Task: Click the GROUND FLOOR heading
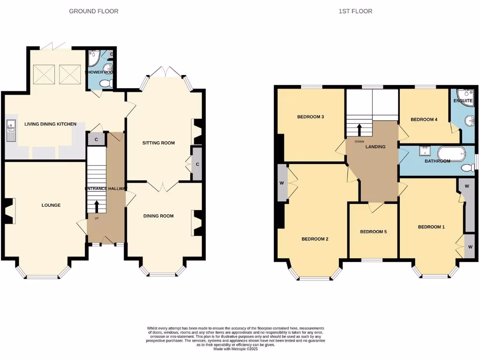(x=94, y=11)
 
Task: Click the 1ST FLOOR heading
(x=355, y=11)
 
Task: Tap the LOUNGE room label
(x=51, y=205)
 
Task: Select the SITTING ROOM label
(x=158, y=143)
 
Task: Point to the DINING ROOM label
(x=158, y=216)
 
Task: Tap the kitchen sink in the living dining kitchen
(x=11, y=130)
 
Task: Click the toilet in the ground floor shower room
(x=105, y=83)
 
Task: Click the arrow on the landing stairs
(x=360, y=129)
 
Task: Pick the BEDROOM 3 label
(x=311, y=117)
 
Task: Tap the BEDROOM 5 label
(x=373, y=232)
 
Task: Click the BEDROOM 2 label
(x=315, y=239)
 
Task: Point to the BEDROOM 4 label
(x=424, y=120)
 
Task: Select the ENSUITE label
(x=463, y=100)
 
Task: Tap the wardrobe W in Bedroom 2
(x=282, y=183)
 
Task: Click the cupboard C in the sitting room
(x=197, y=164)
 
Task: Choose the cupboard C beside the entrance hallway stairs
(x=96, y=139)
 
